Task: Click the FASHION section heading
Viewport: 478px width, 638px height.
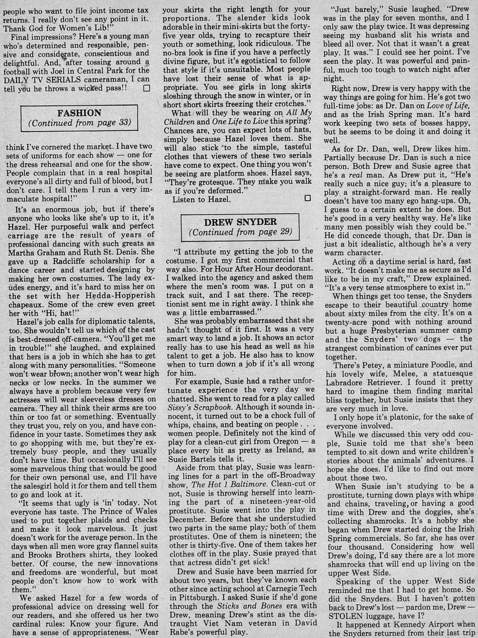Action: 79,113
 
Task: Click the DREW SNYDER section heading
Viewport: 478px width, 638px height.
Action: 239,222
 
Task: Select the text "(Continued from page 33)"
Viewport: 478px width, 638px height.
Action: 79,124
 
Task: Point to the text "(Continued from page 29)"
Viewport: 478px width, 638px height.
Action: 239,233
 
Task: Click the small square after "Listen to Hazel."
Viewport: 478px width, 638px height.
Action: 307,199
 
